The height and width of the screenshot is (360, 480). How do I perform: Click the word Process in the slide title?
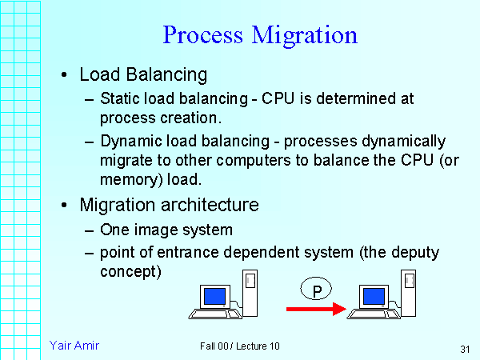(203, 36)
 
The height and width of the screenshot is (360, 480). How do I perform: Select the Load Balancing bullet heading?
(143, 75)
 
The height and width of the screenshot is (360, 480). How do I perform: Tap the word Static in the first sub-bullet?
(118, 99)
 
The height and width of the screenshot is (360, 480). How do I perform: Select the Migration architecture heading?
(169, 205)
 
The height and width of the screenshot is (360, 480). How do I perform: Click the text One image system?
(166, 230)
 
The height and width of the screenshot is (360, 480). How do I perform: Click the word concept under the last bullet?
(130, 271)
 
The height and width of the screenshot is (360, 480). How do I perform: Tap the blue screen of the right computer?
(374, 297)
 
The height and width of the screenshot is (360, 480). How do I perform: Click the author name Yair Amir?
(74, 345)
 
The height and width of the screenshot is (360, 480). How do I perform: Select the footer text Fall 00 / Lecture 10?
(240, 346)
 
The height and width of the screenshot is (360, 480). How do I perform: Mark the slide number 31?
(464, 349)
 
